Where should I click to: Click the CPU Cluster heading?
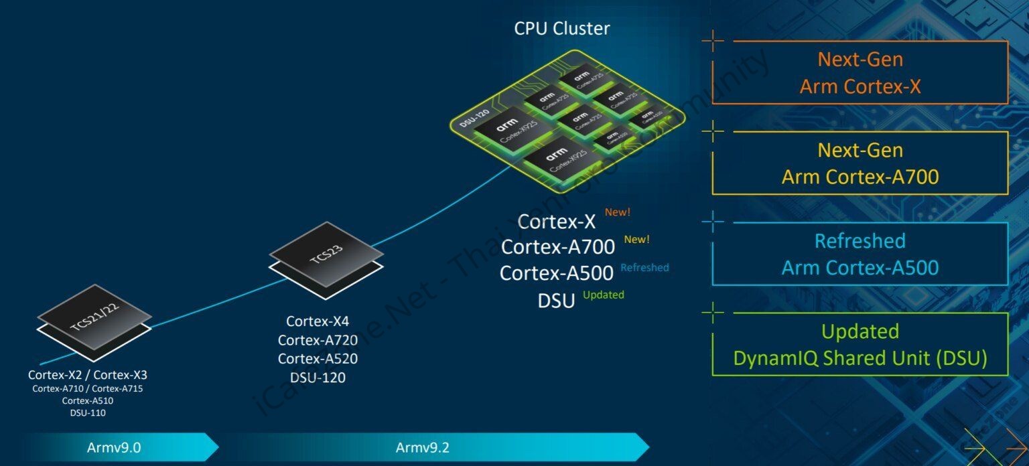(561, 29)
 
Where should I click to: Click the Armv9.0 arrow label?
(113, 447)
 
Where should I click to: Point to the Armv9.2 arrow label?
(422, 447)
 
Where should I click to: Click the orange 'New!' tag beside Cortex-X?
(617, 212)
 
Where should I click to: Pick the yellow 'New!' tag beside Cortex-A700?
(636, 239)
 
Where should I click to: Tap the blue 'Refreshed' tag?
(644, 268)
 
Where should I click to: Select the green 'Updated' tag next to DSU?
(603, 295)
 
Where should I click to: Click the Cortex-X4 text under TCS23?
(318, 321)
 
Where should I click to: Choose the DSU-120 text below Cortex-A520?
(318, 377)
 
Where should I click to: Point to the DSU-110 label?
(88, 412)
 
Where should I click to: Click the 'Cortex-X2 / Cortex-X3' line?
(87, 375)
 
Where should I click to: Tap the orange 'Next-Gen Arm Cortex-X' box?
(860, 72)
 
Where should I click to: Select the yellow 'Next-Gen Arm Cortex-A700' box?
(860, 163)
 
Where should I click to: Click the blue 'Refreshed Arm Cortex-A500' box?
(860, 254)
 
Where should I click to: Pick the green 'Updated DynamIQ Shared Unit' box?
(860, 345)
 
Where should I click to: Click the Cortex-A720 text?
(318, 339)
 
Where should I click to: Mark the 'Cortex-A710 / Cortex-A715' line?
(88, 388)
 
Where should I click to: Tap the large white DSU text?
(556, 301)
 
